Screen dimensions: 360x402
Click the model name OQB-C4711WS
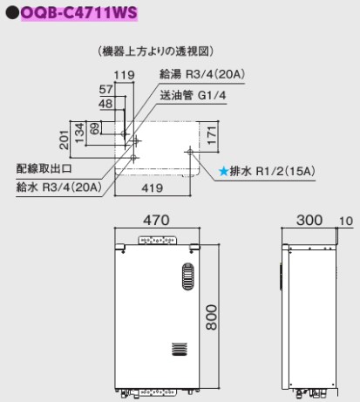(79, 13)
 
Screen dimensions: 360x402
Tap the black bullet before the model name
(12, 13)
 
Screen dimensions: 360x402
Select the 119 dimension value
(125, 75)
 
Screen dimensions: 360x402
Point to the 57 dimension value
(105, 89)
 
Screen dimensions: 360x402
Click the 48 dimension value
(105, 104)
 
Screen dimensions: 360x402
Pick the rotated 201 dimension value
(65, 140)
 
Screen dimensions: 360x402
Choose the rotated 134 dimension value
(79, 133)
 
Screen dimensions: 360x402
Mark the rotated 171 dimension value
(212, 135)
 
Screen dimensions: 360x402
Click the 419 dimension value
(153, 188)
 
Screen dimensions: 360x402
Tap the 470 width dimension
(156, 220)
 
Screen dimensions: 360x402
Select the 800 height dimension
(212, 317)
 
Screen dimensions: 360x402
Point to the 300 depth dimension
(309, 220)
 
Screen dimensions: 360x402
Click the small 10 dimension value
(346, 221)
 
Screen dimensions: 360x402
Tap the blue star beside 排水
(223, 171)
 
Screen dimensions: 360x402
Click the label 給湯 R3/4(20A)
(202, 74)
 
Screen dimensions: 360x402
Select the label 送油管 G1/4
(193, 95)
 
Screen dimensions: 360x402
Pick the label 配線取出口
(44, 168)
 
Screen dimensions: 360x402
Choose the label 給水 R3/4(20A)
(59, 187)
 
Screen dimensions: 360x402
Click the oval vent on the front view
(188, 276)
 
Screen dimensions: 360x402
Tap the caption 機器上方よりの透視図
(156, 51)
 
